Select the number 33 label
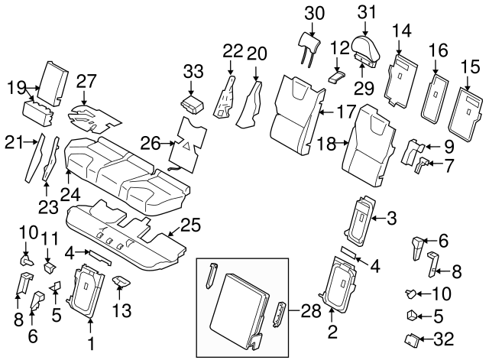[x=194, y=73]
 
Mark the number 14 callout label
[x=402, y=31]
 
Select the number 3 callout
[x=391, y=219]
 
